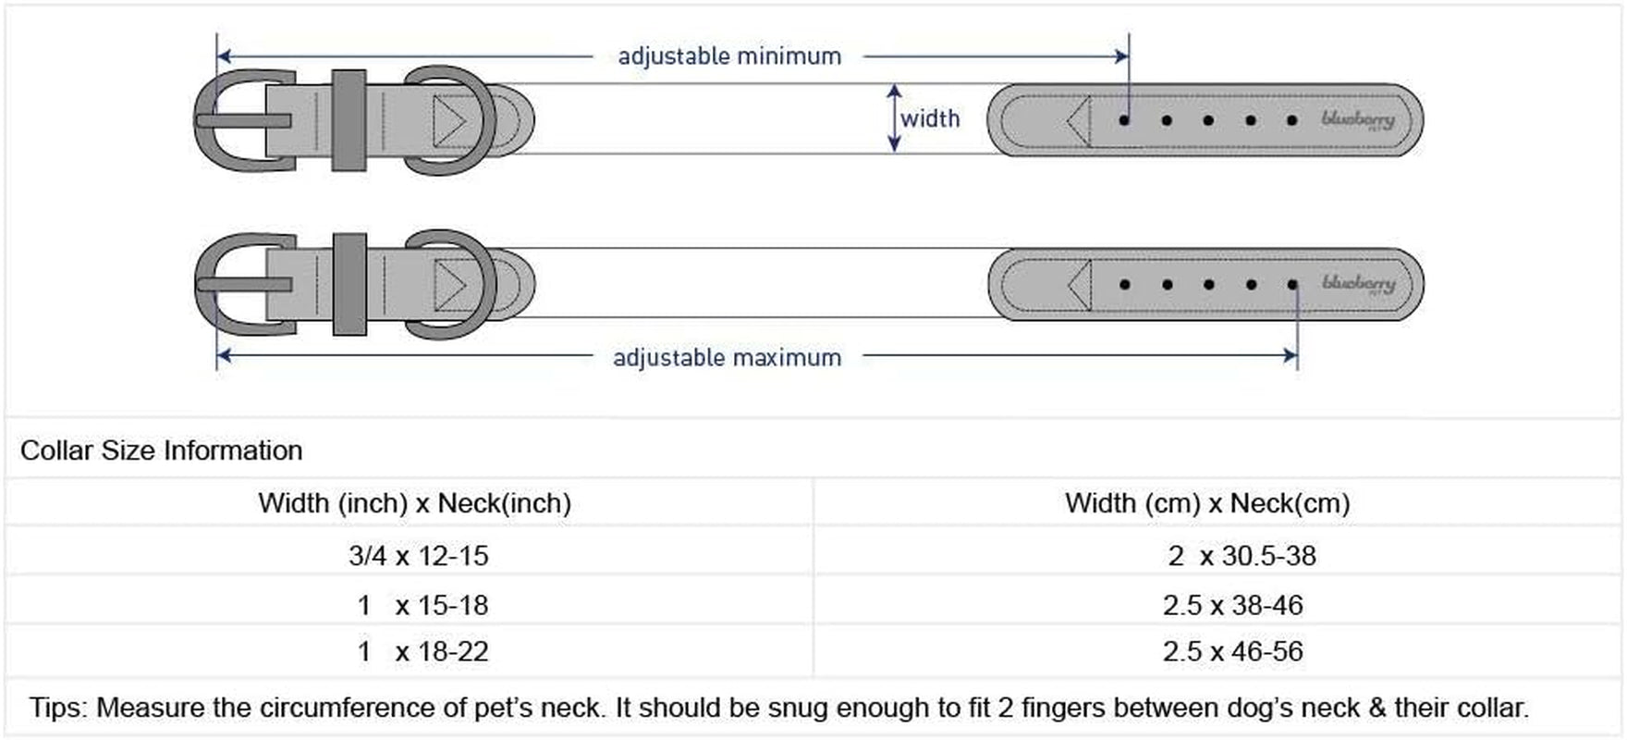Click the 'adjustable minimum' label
tap(729, 56)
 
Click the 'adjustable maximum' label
tap(728, 358)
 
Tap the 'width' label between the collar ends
tap(930, 118)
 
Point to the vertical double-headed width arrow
tap(894, 117)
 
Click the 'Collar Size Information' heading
tap(162, 450)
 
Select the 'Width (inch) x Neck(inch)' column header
tap(415, 503)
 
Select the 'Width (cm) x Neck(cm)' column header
tap(1207, 503)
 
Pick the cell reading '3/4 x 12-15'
tap(419, 555)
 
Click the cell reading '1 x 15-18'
tap(422, 605)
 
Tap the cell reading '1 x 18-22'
tap(422, 651)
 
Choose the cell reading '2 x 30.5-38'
tap(1242, 555)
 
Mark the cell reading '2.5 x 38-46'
tap(1233, 605)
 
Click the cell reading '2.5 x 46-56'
tap(1233, 651)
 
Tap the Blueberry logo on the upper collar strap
tap(1358, 119)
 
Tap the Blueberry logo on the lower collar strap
tap(1358, 283)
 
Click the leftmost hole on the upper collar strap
tap(1124, 120)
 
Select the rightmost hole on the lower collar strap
tap(1292, 284)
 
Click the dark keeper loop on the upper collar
tap(349, 120)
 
